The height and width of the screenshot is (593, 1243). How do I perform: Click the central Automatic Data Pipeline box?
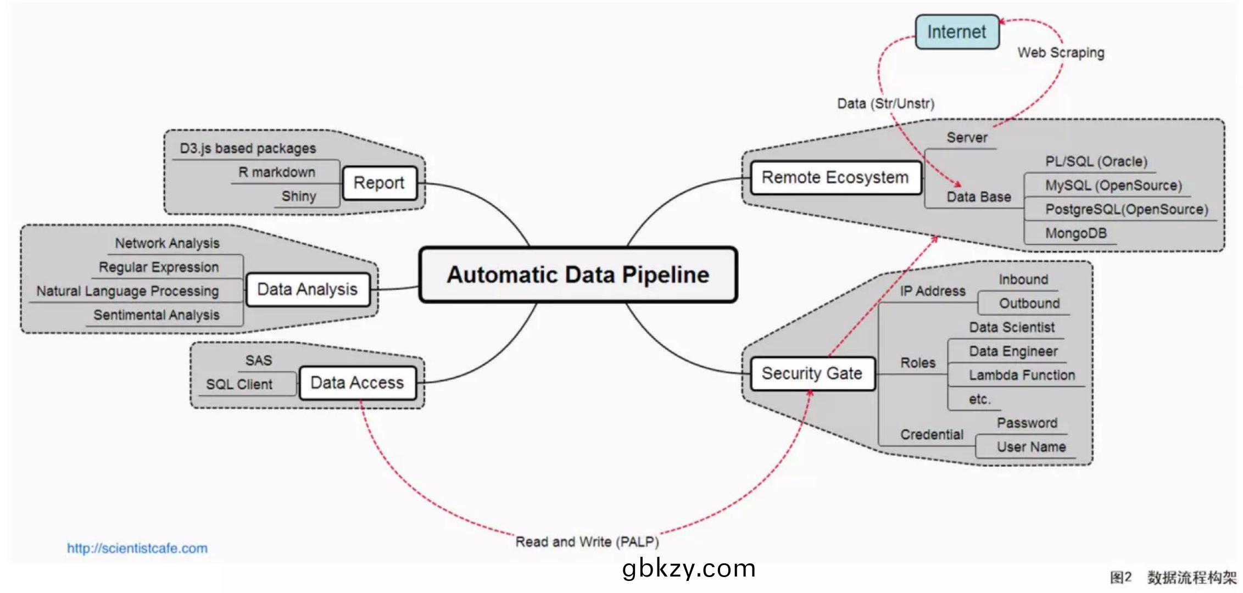click(578, 275)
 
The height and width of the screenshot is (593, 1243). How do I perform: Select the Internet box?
click(957, 32)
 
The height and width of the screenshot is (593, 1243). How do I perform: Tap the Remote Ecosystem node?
click(835, 177)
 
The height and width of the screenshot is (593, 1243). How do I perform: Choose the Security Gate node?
click(812, 373)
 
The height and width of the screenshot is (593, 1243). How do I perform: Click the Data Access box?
click(357, 383)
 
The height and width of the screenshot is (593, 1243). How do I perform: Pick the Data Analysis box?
click(307, 289)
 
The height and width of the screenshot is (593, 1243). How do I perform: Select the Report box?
click(379, 183)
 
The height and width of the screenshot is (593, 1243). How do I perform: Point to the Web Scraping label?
click(1061, 53)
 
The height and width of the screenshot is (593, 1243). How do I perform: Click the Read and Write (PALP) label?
click(587, 542)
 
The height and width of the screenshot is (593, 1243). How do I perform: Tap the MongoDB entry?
click(1075, 233)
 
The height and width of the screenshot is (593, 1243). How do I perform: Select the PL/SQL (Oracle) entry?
click(1096, 161)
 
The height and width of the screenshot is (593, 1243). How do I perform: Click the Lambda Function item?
click(1022, 375)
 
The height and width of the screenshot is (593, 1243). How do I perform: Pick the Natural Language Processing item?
click(127, 291)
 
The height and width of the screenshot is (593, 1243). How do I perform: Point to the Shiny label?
click(299, 196)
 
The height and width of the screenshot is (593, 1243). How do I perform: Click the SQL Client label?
click(239, 384)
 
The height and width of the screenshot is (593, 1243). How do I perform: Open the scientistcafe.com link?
click(137, 548)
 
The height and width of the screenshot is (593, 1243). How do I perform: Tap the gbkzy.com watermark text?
click(689, 568)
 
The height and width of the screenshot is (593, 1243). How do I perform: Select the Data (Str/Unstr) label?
click(885, 103)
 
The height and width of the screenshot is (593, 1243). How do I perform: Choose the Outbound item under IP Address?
click(1029, 303)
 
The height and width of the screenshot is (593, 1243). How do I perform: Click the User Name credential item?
click(1031, 447)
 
